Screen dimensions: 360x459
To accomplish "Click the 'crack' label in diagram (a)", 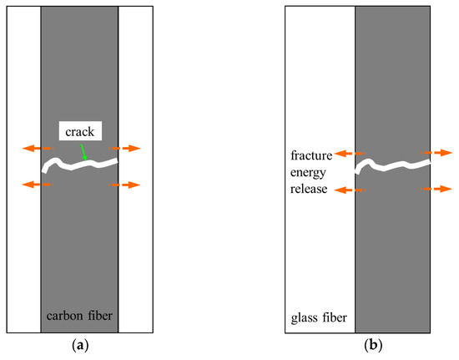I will [79, 132].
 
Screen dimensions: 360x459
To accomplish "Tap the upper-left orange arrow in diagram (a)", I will [35, 148].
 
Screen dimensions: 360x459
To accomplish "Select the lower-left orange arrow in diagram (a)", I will [35, 184].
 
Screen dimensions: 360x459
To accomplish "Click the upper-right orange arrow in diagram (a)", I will [127, 148].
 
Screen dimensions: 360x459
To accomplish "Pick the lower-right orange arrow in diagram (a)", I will [127, 185].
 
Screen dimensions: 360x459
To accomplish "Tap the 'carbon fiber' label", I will [79, 317].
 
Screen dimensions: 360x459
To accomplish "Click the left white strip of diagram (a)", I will [23, 251].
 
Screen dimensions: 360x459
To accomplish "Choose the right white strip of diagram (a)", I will [135, 251].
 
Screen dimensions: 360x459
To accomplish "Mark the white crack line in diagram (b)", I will [392, 166].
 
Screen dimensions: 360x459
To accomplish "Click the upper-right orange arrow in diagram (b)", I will [437, 154].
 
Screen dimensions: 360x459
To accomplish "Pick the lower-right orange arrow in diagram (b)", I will [437, 190].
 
